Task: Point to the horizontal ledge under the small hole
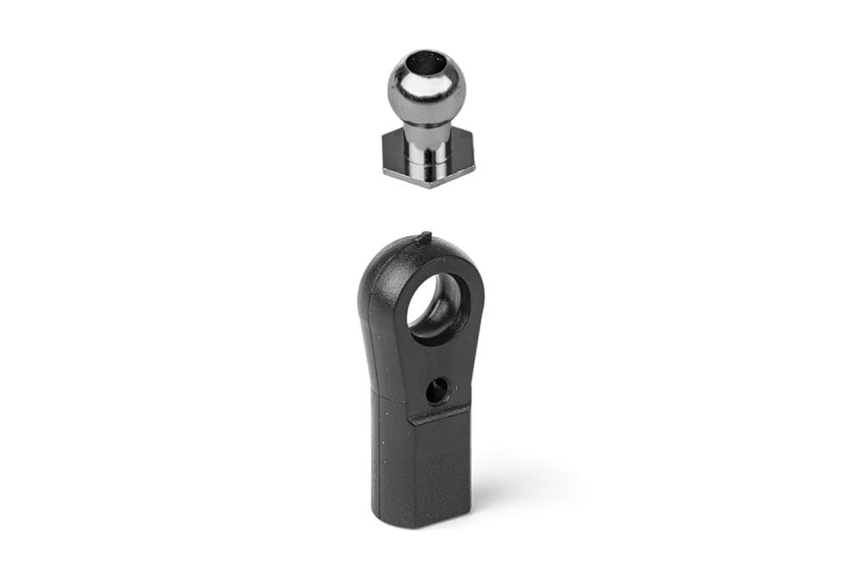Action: coord(440,415)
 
